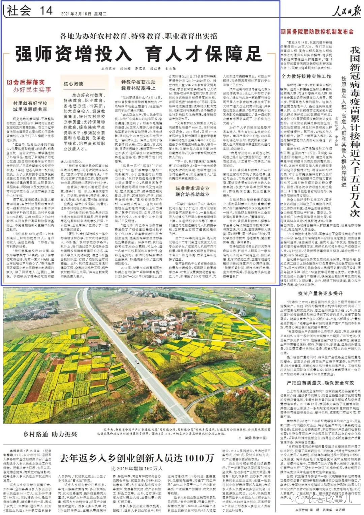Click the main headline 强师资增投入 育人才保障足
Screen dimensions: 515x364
139,54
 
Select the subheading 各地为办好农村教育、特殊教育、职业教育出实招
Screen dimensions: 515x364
139,36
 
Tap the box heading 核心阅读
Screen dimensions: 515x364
73,84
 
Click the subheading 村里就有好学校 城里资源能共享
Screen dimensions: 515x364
30,106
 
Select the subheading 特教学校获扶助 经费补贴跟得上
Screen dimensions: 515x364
138,85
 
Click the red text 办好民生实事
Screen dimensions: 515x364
32,90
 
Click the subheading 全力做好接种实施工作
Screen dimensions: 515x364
306,77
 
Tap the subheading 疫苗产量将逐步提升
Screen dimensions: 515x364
315,293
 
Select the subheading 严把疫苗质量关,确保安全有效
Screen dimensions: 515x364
315,382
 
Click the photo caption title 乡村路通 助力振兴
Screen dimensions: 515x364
50,434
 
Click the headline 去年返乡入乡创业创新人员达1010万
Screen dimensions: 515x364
137,458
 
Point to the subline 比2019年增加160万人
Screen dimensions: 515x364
137,468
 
